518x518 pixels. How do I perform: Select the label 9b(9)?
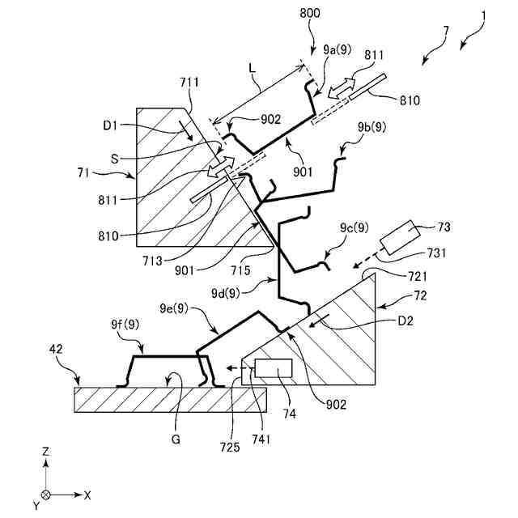[x=370, y=127]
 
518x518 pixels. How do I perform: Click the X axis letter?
[x=87, y=494]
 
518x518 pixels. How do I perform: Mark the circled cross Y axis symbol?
[x=46, y=494]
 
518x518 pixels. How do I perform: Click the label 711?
[x=189, y=82]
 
